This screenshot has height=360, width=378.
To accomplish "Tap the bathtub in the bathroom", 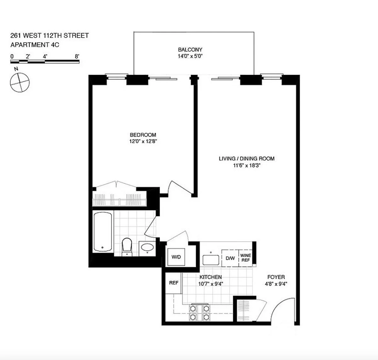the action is pos(102,231).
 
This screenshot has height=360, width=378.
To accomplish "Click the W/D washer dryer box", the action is pos(176,257).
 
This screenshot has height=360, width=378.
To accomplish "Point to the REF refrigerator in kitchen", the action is pos(174,283).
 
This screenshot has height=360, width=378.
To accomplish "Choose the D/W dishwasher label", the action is pos(230,258).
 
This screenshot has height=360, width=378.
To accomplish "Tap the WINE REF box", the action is pos(245,258).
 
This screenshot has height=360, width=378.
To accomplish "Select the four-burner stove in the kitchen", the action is pos(199,312).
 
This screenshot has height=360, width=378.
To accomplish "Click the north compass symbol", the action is pos(20,82).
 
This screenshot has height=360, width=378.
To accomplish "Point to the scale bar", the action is pos(45,61).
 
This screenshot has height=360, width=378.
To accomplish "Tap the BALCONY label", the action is pos(190,50).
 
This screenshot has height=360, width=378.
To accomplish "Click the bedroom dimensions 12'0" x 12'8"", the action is pos(143,141).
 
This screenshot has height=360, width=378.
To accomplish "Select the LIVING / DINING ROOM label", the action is pos(247,158).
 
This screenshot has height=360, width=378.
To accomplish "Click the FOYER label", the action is pos(276,277).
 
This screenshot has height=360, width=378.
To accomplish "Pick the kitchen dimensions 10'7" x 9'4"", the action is pos(211,284).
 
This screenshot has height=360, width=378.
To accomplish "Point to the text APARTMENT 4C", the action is pos(35,45).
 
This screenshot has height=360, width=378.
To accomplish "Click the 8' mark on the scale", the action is pos(77,56).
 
